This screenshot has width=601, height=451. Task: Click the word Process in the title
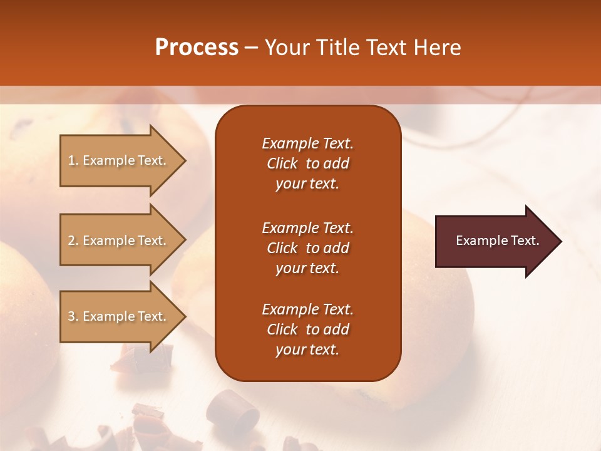(197, 48)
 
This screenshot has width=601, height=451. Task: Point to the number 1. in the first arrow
(73, 160)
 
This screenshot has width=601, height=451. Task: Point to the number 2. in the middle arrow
(73, 241)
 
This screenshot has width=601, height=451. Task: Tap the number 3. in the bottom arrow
(73, 316)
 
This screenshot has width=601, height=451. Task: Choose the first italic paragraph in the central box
(307, 163)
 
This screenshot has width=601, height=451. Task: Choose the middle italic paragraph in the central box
(307, 248)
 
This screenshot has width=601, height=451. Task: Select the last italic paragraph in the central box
(307, 329)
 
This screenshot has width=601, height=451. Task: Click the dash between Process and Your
(251, 48)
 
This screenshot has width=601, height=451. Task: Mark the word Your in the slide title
(288, 48)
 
